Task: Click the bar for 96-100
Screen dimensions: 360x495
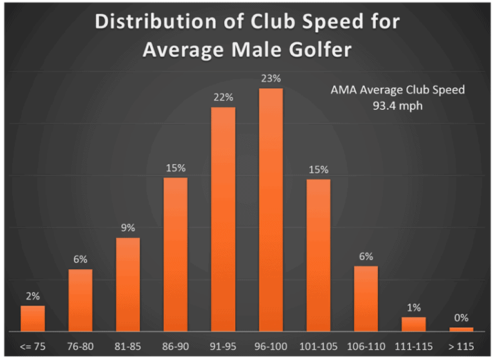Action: point(271,209)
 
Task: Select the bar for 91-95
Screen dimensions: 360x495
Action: point(223,219)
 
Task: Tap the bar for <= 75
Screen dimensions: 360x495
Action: point(33,318)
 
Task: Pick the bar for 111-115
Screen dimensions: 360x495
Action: point(414,324)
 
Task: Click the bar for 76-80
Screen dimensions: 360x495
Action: point(81,300)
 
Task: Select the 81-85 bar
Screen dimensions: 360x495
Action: point(128,284)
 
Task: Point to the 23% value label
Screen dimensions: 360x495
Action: point(271,79)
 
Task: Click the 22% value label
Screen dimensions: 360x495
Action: point(223,97)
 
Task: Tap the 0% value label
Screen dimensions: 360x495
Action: point(461,317)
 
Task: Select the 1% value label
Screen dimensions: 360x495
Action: point(414,307)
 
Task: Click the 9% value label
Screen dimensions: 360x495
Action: point(128,227)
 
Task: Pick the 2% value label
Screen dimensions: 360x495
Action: point(33,296)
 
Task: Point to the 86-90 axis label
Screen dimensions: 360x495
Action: point(175,346)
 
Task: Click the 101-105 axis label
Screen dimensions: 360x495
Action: point(318,346)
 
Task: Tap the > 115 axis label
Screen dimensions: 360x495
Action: point(461,346)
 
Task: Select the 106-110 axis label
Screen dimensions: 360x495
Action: point(366,346)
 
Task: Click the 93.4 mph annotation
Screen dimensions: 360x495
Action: point(397,106)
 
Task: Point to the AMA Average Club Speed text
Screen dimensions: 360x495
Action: point(397,90)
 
